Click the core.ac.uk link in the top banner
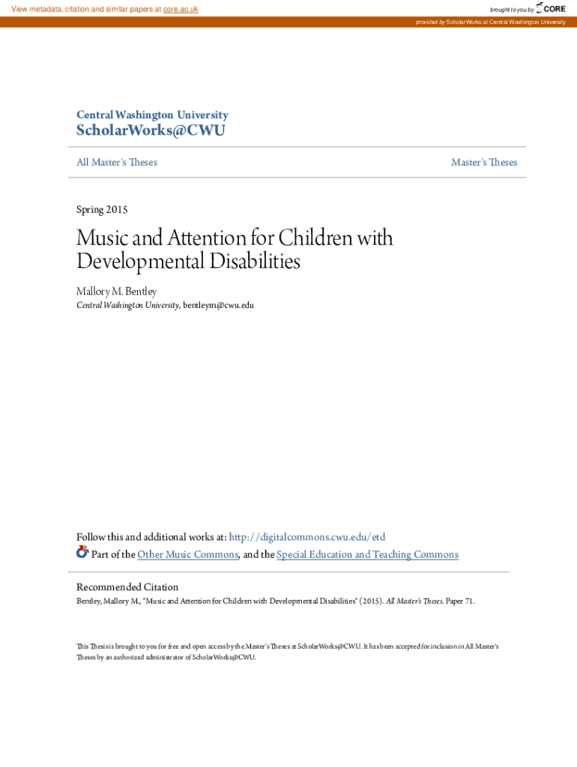[x=181, y=9]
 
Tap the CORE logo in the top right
[x=551, y=8]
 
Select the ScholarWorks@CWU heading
[x=151, y=131]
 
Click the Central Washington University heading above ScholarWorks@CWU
[x=152, y=115]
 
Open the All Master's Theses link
[x=117, y=162]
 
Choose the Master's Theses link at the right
[x=483, y=162]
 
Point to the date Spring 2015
[x=102, y=210]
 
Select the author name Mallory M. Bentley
[x=117, y=291]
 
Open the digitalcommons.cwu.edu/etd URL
[x=306, y=537]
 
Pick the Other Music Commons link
[x=188, y=554]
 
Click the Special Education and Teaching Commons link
[x=367, y=554]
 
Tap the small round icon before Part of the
[x=82, y=553]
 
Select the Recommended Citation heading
[x=127, y=587]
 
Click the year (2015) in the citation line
[x=367, y=601]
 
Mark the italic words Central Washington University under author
[x=127, y=306]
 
